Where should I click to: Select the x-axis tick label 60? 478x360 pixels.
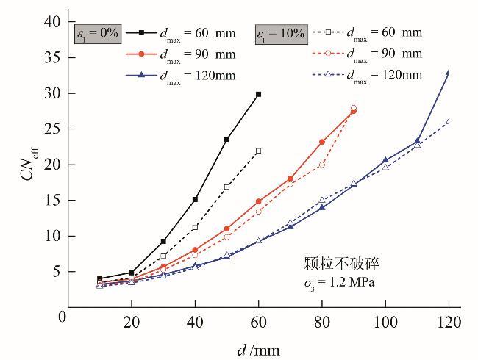(258, 322)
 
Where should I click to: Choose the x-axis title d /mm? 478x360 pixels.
(258, 350)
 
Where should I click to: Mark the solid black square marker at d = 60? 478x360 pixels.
(258, 94)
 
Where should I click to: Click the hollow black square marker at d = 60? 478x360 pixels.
(258, 151)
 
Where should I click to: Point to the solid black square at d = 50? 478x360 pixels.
(226, 139)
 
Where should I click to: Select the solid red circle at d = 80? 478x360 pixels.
(322, 142)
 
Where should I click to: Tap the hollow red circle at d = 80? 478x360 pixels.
(322, 165)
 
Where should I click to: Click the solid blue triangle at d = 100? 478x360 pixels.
(385, 159)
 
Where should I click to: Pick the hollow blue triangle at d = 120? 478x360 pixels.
(449, 121)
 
